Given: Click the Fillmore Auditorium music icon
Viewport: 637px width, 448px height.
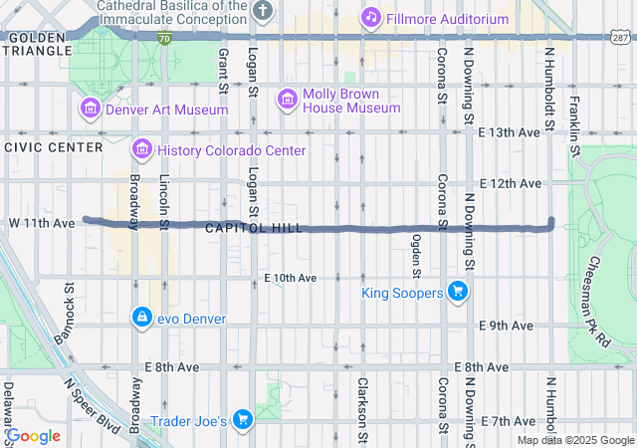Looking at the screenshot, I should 370,17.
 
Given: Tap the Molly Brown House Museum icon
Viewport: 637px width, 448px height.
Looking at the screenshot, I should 288,98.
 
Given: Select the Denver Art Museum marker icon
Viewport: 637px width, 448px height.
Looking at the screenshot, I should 90,109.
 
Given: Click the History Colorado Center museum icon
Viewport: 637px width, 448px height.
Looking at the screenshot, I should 141,149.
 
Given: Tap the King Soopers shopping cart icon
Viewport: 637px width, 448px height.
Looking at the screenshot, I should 457,292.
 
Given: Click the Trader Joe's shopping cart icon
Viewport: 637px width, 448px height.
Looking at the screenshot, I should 242,419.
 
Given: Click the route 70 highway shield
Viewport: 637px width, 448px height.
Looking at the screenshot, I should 163,38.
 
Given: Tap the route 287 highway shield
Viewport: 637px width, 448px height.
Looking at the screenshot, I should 619,38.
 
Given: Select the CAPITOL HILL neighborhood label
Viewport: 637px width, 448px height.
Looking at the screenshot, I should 255,228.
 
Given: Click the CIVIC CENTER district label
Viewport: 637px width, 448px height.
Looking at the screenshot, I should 53,147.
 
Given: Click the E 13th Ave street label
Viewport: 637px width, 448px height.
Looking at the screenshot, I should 509,132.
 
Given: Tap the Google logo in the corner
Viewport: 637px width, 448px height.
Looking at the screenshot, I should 34,436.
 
